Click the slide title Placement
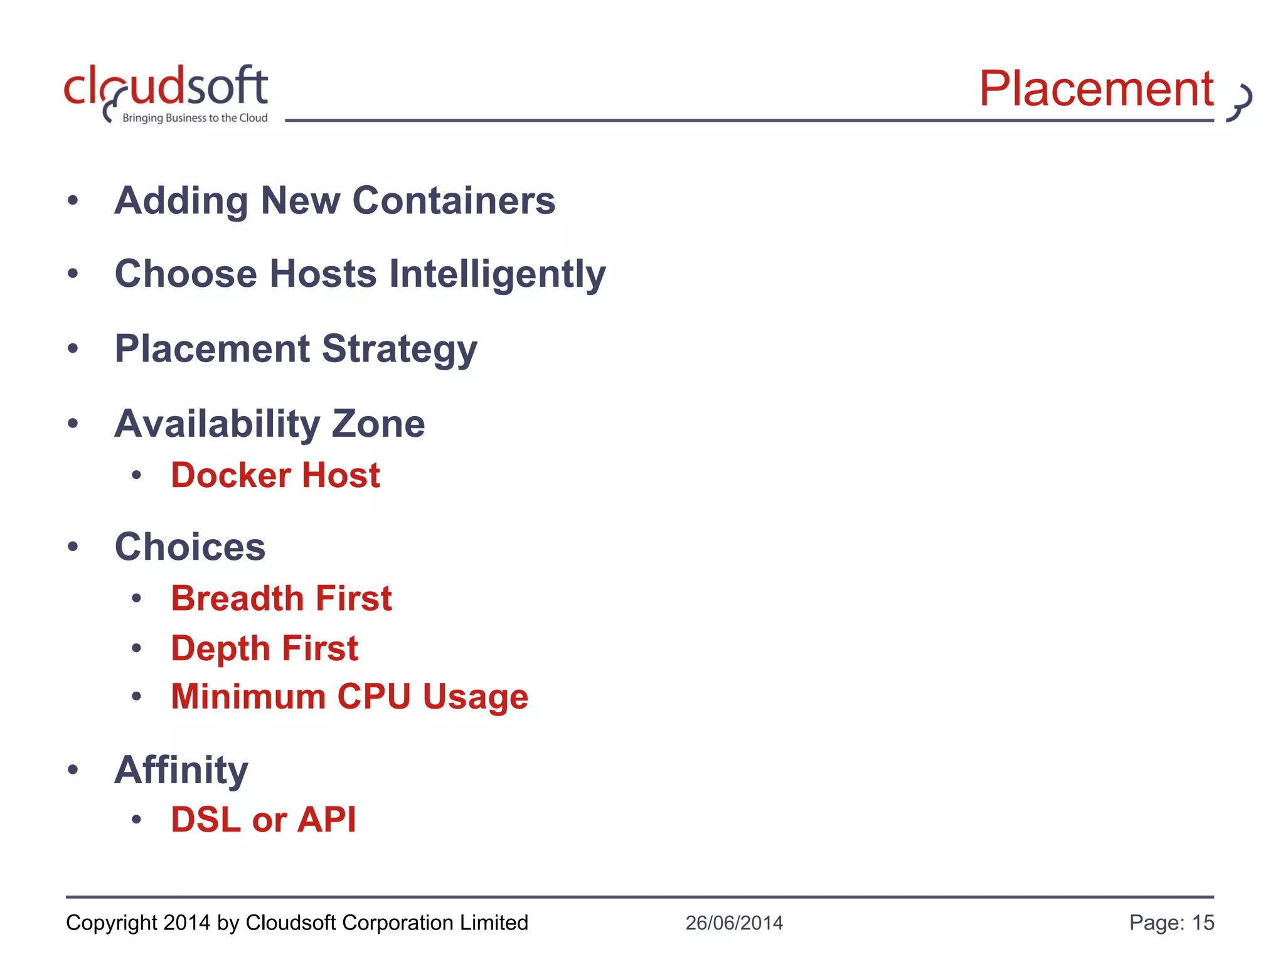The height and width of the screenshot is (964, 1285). (x=1096, y=89)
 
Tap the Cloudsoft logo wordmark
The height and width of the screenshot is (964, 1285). (x=166, y=87)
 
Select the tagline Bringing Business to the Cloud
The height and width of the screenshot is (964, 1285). (x=195, y=118)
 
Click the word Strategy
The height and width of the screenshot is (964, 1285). (x=399, y=350)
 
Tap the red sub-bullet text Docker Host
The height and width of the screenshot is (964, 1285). (x=275, y=475)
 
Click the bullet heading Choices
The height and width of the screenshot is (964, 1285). (x=190, y=547)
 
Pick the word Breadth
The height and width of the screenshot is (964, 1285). (x=238, y=598)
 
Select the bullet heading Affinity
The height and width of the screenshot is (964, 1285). (x=181, y=769)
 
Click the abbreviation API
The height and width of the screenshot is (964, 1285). (x=327, y=820)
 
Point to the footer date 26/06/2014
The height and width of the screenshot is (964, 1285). (x=734, y=923)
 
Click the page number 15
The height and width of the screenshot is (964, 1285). (x=1203, y=923)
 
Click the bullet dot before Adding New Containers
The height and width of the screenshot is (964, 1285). (x=73, y=201)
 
